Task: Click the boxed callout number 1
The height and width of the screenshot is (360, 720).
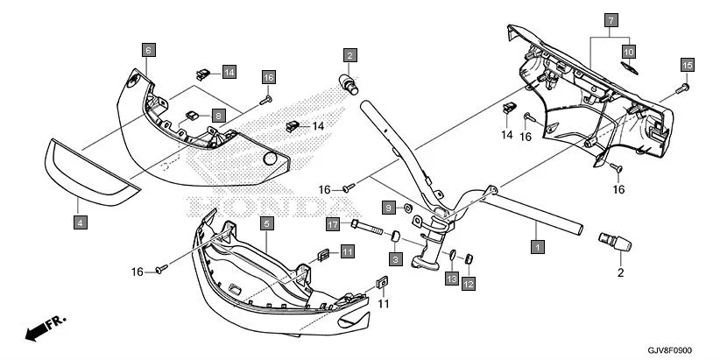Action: (537, 248)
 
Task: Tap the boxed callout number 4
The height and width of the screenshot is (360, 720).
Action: (80, 223)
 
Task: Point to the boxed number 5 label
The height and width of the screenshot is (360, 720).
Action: (265, 223)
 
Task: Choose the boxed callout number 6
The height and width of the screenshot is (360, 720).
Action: (148, 50)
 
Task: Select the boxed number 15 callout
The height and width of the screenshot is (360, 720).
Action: (687, 65)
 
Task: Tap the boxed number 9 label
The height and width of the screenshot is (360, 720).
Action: (386, 206)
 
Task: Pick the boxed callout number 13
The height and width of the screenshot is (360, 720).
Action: (451, 278)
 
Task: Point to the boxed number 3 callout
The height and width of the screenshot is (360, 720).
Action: (395, 259)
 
